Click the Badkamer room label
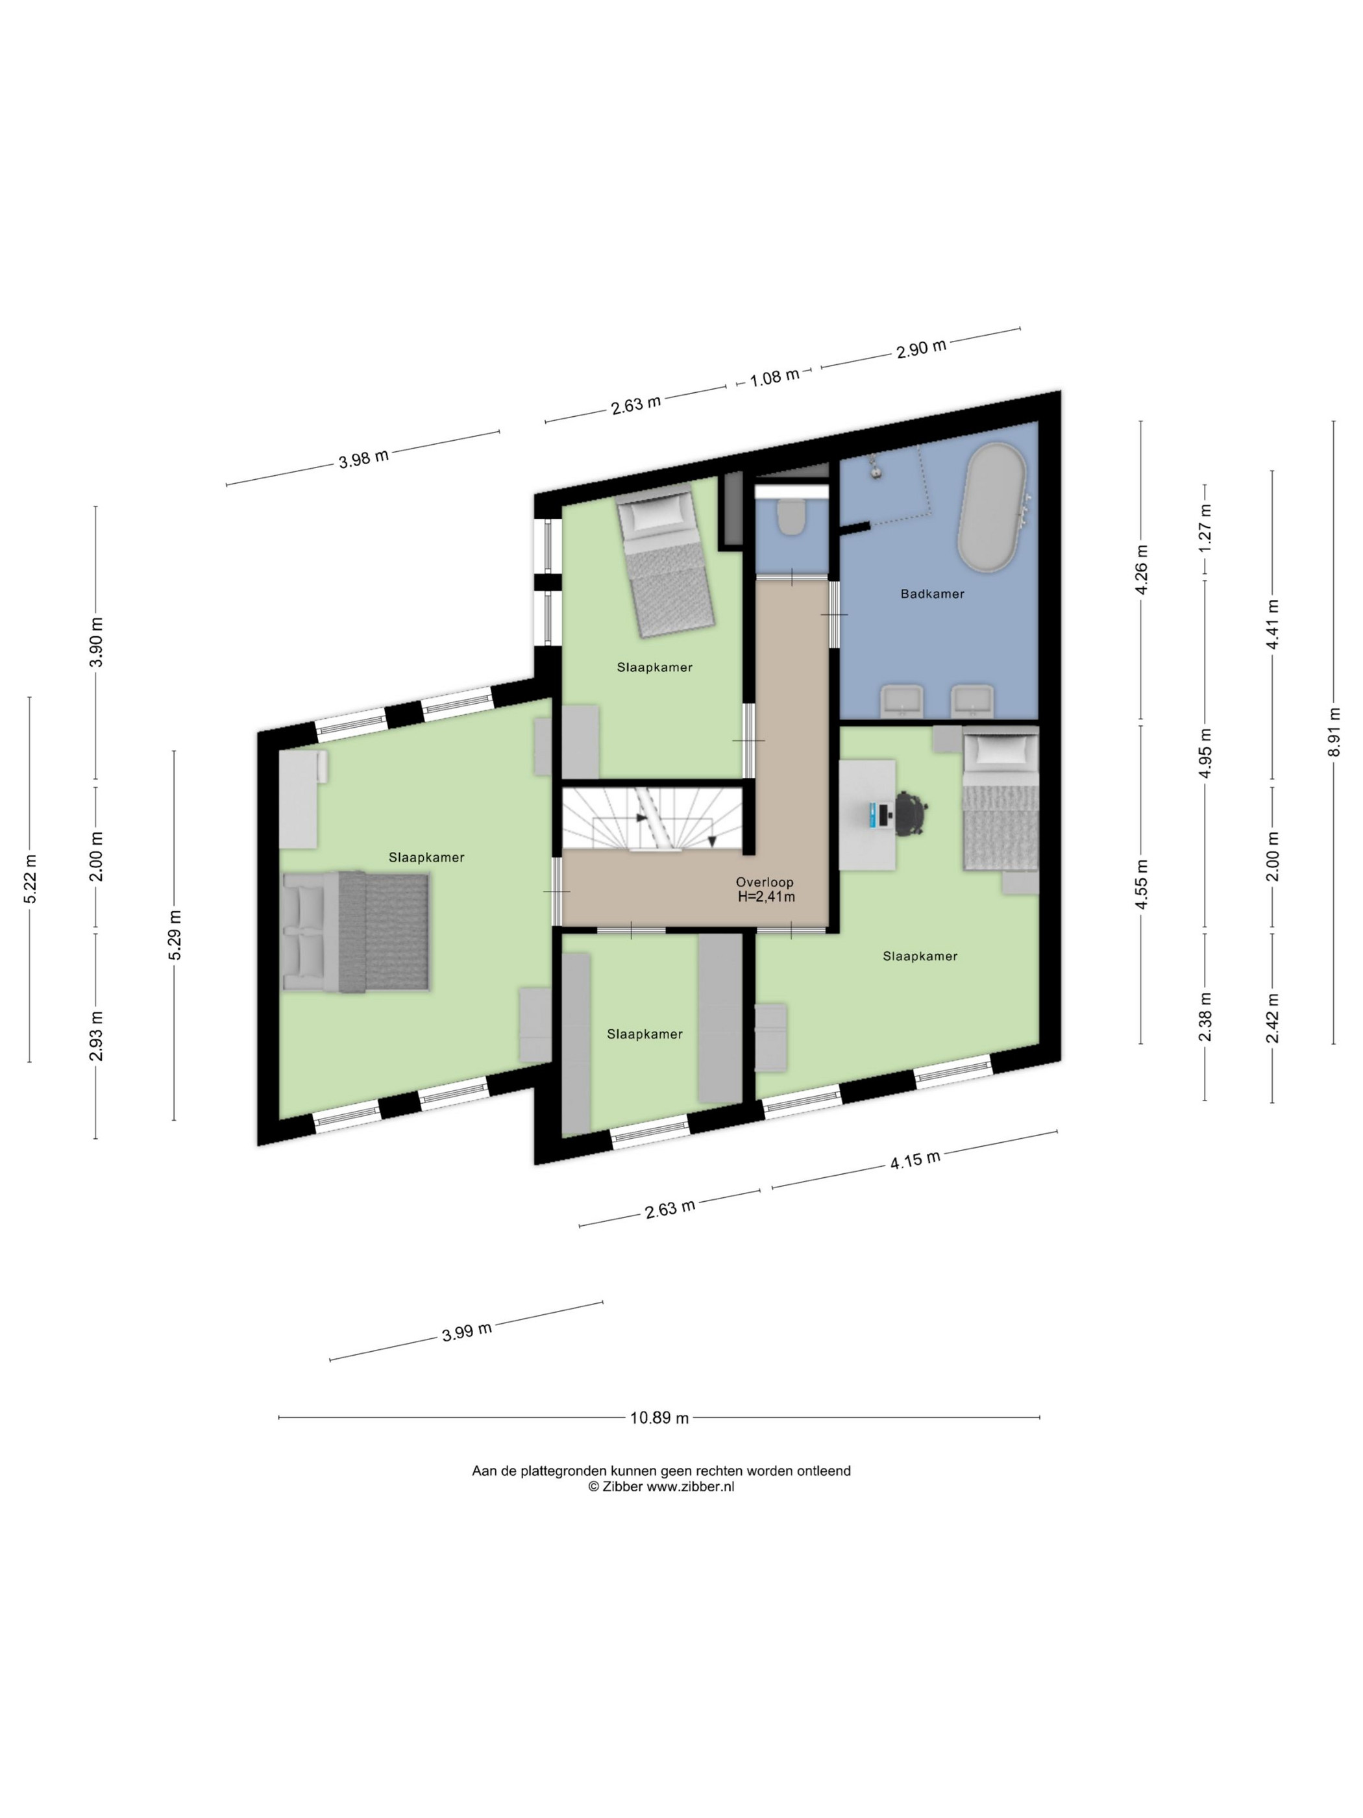(x=931, y=593)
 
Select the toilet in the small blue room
(x=791, y=517)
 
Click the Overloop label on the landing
(x=764, y=882)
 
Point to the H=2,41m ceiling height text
(x=766, y=897)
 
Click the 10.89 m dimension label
(x=659, y=1418)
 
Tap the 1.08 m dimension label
(x=774, y=378)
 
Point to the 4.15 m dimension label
(x=915, y=1160)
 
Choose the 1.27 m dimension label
(x=1205, y=526)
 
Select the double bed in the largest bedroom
(x=355, y=932)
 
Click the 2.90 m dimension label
(x=920, y=349)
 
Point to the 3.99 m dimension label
(x=467, y=1330)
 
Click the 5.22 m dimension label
(x=30, y=878)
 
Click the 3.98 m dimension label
(x=363, y=458)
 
